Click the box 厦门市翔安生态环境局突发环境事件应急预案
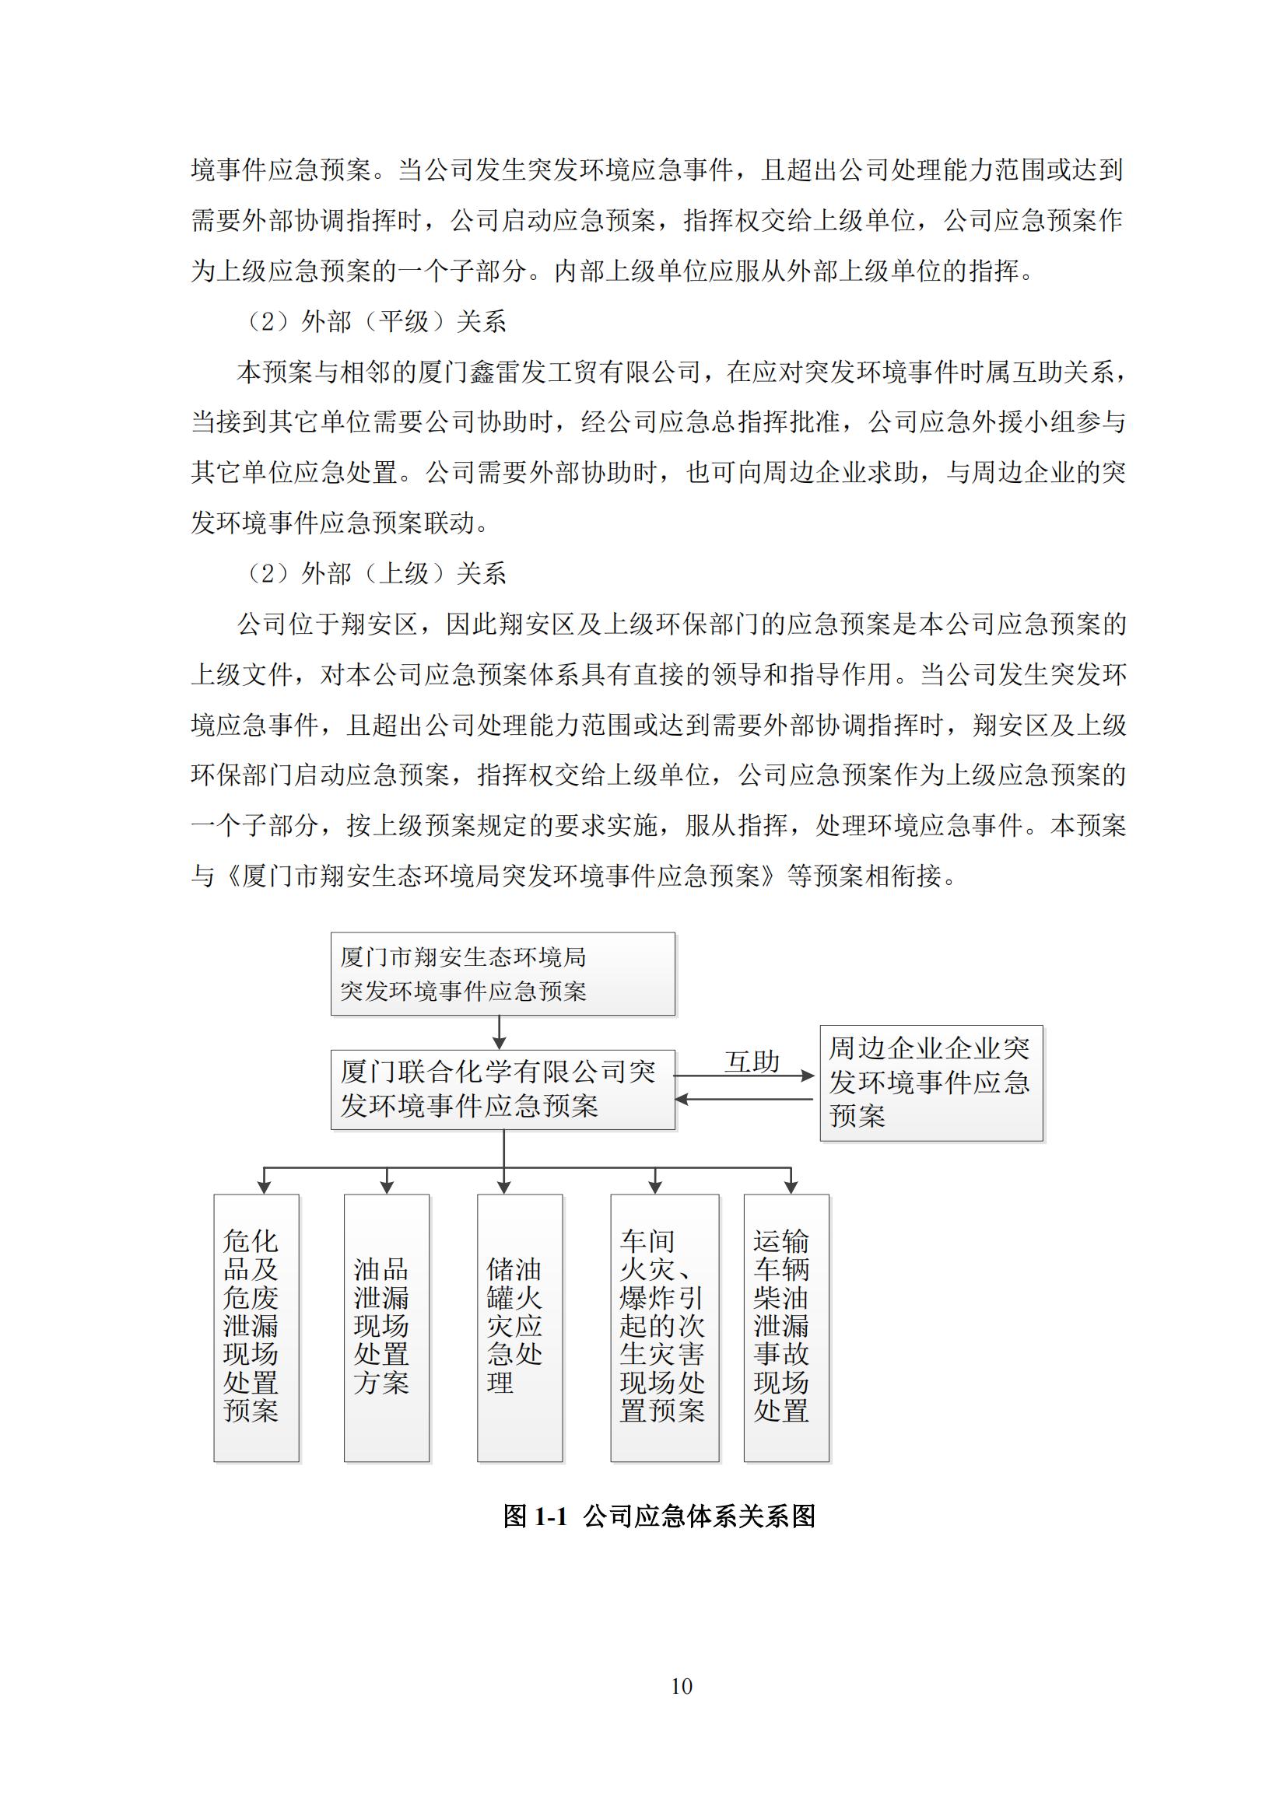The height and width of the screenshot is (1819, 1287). click(x=503, y=974)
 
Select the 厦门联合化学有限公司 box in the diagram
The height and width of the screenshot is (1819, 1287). click(x=503, y=1090)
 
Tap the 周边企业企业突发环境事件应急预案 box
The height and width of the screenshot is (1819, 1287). click(x=931, y=1083)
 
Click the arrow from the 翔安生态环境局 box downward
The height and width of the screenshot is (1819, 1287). click(x=500, y=1032)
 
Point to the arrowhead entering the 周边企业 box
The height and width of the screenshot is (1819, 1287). click(x=808, y=1076)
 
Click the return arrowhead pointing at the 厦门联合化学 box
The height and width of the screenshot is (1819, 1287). click(x=682, y=1099)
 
